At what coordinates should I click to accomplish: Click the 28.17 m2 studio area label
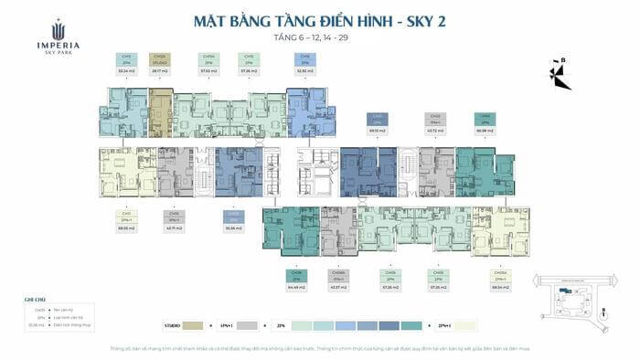click(x=160, y=69)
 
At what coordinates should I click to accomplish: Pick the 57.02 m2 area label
click(x=208, y=69)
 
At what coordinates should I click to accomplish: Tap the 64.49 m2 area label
click(x=294, y=288)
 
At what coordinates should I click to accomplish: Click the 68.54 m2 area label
click(x=499, y=288)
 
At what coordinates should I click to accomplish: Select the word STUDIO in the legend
click(x=172, y=324)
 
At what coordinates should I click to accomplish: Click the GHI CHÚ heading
click(x=34, y=300)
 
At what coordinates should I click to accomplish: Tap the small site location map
click(x=574, y=294)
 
